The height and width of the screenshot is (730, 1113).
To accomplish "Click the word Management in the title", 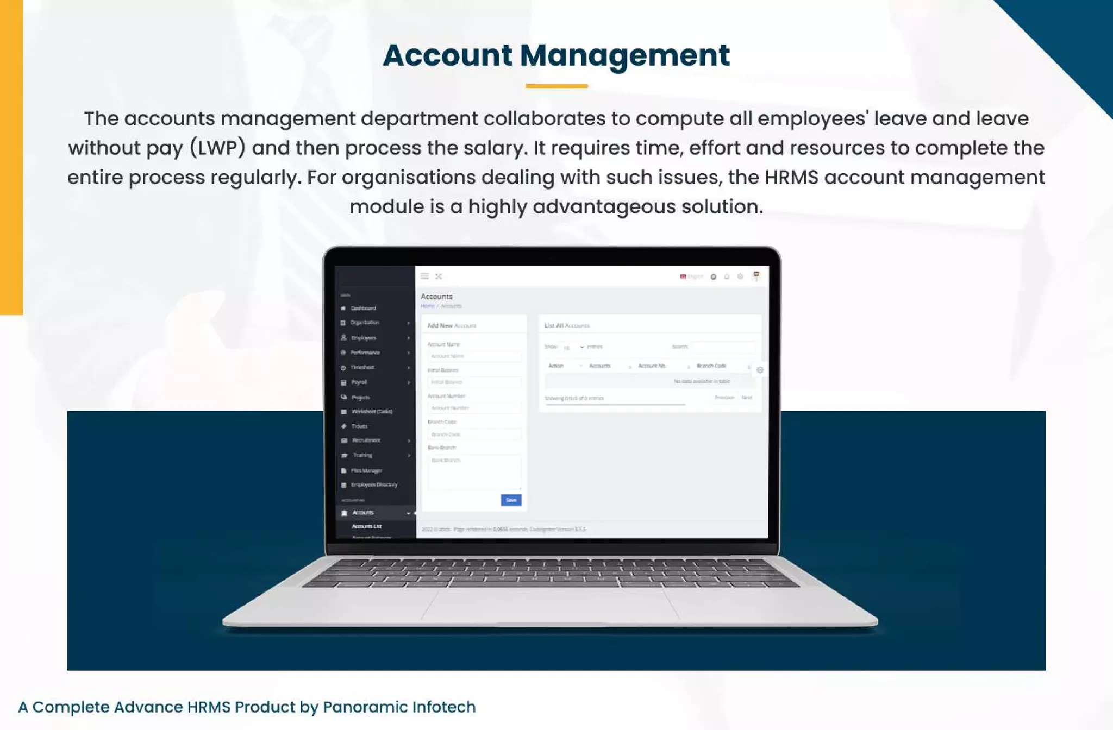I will (624, 55).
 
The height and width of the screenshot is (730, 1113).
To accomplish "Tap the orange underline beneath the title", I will (556, 86).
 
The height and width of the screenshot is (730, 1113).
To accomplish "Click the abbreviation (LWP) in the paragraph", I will (217, 148).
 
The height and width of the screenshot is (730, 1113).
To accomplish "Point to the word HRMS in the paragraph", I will (791, 177).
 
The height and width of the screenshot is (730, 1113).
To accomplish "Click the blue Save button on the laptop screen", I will (511, 500).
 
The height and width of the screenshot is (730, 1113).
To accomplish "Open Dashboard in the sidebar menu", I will (363, 308).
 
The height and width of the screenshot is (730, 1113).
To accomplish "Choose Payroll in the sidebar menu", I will (359, 382).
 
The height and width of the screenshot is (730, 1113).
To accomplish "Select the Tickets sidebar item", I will (359, 426).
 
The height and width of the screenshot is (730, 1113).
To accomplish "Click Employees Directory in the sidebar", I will (374, 484).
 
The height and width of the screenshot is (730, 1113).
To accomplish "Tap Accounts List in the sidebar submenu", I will (366, 526).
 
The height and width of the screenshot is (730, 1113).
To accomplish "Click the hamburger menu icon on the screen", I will (425, 276).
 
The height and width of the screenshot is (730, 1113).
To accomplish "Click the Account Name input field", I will (474, 356).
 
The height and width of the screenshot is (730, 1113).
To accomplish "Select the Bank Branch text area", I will (474, 471).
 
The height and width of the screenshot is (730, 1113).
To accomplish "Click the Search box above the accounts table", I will (722, 347).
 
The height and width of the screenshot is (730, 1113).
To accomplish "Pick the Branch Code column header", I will (711, 366).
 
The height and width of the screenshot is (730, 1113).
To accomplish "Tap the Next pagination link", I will (747, 398).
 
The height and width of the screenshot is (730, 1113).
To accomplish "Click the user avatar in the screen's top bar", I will (756, 276).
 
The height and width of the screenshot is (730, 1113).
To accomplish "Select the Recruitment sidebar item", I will (366, 440).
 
